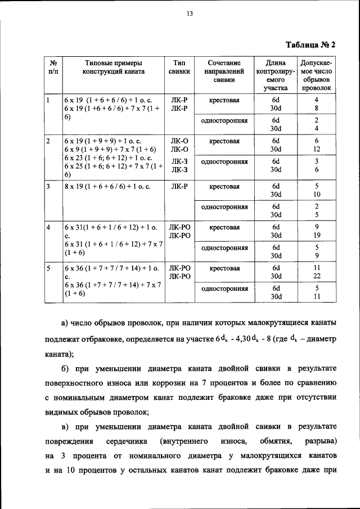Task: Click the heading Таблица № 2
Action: [310, 44]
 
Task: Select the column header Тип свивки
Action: [179, 68]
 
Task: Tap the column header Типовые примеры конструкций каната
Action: [113, 68]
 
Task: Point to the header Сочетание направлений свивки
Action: [223, 72]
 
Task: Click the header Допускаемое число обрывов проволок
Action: [316, 76]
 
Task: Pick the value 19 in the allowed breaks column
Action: [316, 236]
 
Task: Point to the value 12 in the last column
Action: [316, 149]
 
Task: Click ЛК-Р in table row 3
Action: [179, 186]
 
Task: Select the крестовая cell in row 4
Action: [224, 228]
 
